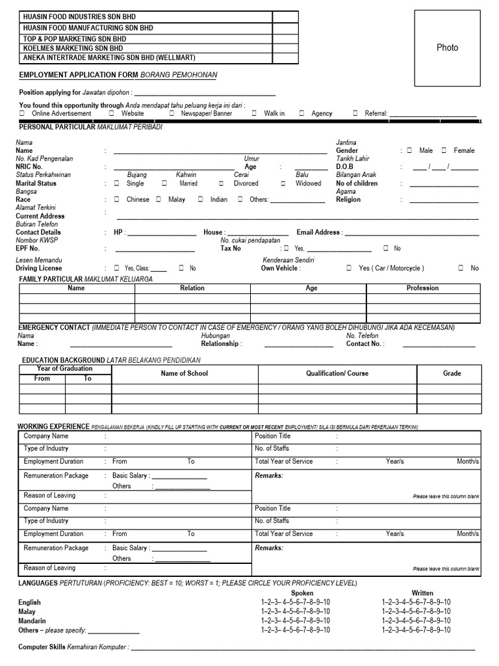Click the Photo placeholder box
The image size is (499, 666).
click(x=446, y=48)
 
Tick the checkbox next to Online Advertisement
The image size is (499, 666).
click(x=23, y=113)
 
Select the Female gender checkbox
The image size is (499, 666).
click(x=444, y=150)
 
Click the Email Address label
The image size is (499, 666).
click(x=318, y=232)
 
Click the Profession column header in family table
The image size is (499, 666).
click(x=422, y=288)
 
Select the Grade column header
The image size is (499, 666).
click(x=452, y=373)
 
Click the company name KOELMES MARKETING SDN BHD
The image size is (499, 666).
click(x=73, y=48)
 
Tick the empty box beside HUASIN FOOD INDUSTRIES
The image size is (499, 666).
click(x=285, y=17)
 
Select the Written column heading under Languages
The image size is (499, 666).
click(x=422, y=593)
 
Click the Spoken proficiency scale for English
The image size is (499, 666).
click(x=295, y=603)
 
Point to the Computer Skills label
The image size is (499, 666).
click(x=46, y=648)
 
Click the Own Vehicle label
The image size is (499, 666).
click(x=279, y=268)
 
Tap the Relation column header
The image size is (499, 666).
click(x=192, y=288)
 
